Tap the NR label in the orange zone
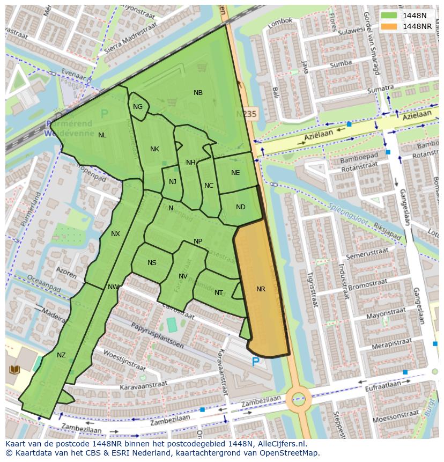point(261,289)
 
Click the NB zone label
point(198,93)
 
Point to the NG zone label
point(138,107)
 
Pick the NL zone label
point(102,135)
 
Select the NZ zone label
point(61,355)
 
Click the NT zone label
point(218,293)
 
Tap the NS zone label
point(152,263)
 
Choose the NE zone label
point(235,173)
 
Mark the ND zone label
point(240,207)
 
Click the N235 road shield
point(247,114)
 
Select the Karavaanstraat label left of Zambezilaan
point(143,385)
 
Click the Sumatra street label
point(366,89)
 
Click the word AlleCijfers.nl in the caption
point(281,444)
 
